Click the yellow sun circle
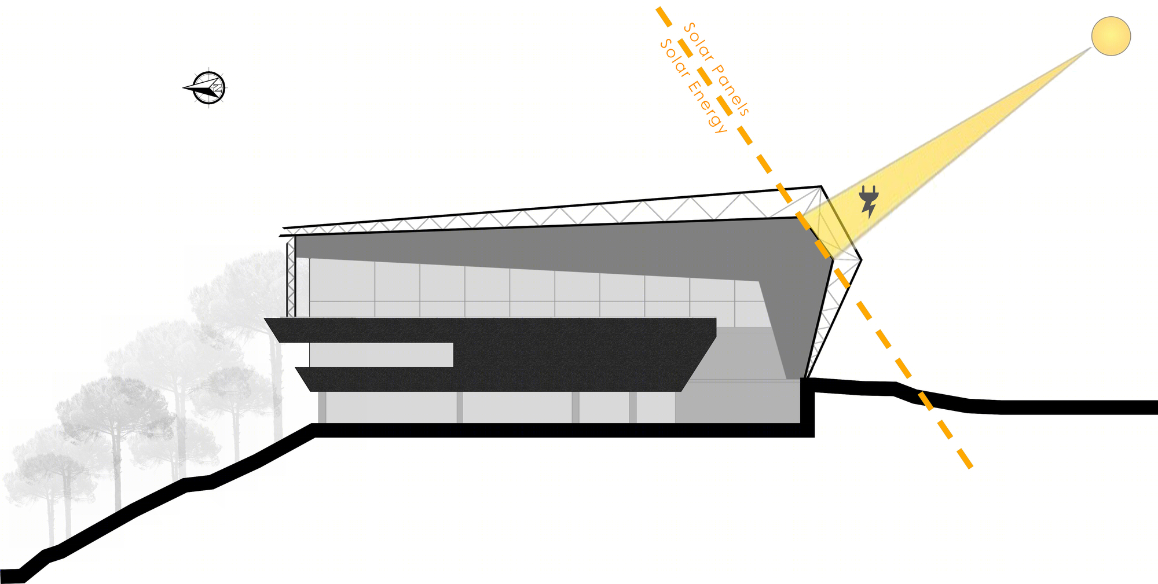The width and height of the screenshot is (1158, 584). click(x=1111, y=36)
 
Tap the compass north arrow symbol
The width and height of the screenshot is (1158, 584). click(x=206, y=88)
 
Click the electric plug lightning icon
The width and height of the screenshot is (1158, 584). click(x=868, y=201)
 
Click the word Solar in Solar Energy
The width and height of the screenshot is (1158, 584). click(x=674, y=58)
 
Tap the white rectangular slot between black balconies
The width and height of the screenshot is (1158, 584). click(x=381, y=354)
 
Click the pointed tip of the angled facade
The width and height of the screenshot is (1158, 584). click(x=861, y=260)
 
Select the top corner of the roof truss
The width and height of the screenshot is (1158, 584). click(x=821, y=186)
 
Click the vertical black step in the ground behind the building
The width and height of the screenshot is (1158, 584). click(x=808, y=407)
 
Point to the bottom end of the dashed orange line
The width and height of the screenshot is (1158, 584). click(x=970, y=467)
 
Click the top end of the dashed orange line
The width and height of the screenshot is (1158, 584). click(x=658, y=8)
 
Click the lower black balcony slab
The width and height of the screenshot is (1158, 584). click(x=492, y=379)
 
